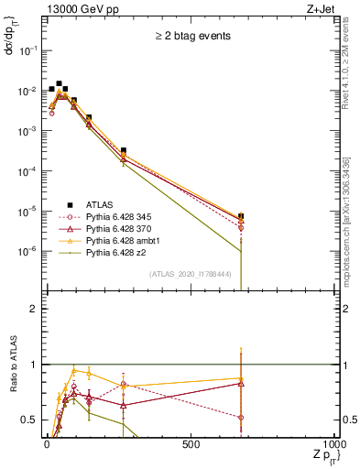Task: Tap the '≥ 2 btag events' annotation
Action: (x=191, y=38)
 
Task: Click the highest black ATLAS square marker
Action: (x=59, y=83)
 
